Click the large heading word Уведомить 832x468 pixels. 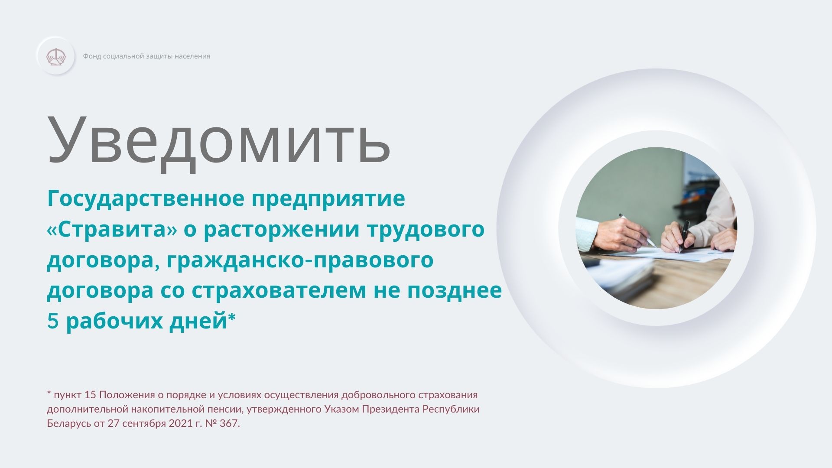(219, 140)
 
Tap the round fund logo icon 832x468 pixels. (56, 56)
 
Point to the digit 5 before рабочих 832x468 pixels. (52, 322)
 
